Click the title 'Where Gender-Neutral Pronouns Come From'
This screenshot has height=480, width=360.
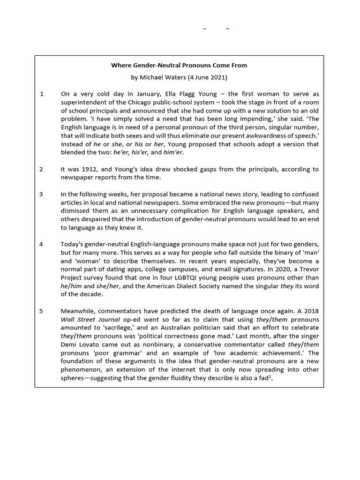coord(179,65)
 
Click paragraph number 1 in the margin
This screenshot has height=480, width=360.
coord(42,94)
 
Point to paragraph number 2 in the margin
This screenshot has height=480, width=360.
coord(42,169)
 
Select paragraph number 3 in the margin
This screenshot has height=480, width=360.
coord(42,194)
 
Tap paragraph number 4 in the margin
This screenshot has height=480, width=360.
coord(42,244)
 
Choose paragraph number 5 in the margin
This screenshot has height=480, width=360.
coord(42,310)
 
